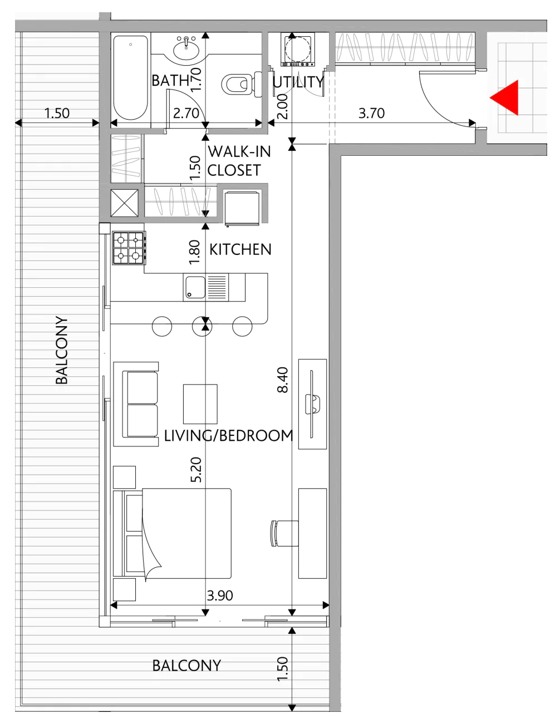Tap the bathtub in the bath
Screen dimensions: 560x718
130,78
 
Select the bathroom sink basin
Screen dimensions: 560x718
186,49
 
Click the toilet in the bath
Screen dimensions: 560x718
242,84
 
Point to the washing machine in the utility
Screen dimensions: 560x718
297,50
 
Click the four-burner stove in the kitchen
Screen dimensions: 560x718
129,248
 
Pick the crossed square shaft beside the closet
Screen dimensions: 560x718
124,203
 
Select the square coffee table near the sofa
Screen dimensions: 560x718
200,404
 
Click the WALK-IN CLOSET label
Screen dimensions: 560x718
239,161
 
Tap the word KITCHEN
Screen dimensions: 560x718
240,249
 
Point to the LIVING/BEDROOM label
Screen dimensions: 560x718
229,435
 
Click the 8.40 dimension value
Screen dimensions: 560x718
283,380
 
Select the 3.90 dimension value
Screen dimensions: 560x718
220,595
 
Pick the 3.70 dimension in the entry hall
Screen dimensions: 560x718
372,114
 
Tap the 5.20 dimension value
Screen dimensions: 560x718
197,470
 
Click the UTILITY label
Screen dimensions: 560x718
298,82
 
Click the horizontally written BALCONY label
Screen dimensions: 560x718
186,665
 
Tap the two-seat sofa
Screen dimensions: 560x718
136,404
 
